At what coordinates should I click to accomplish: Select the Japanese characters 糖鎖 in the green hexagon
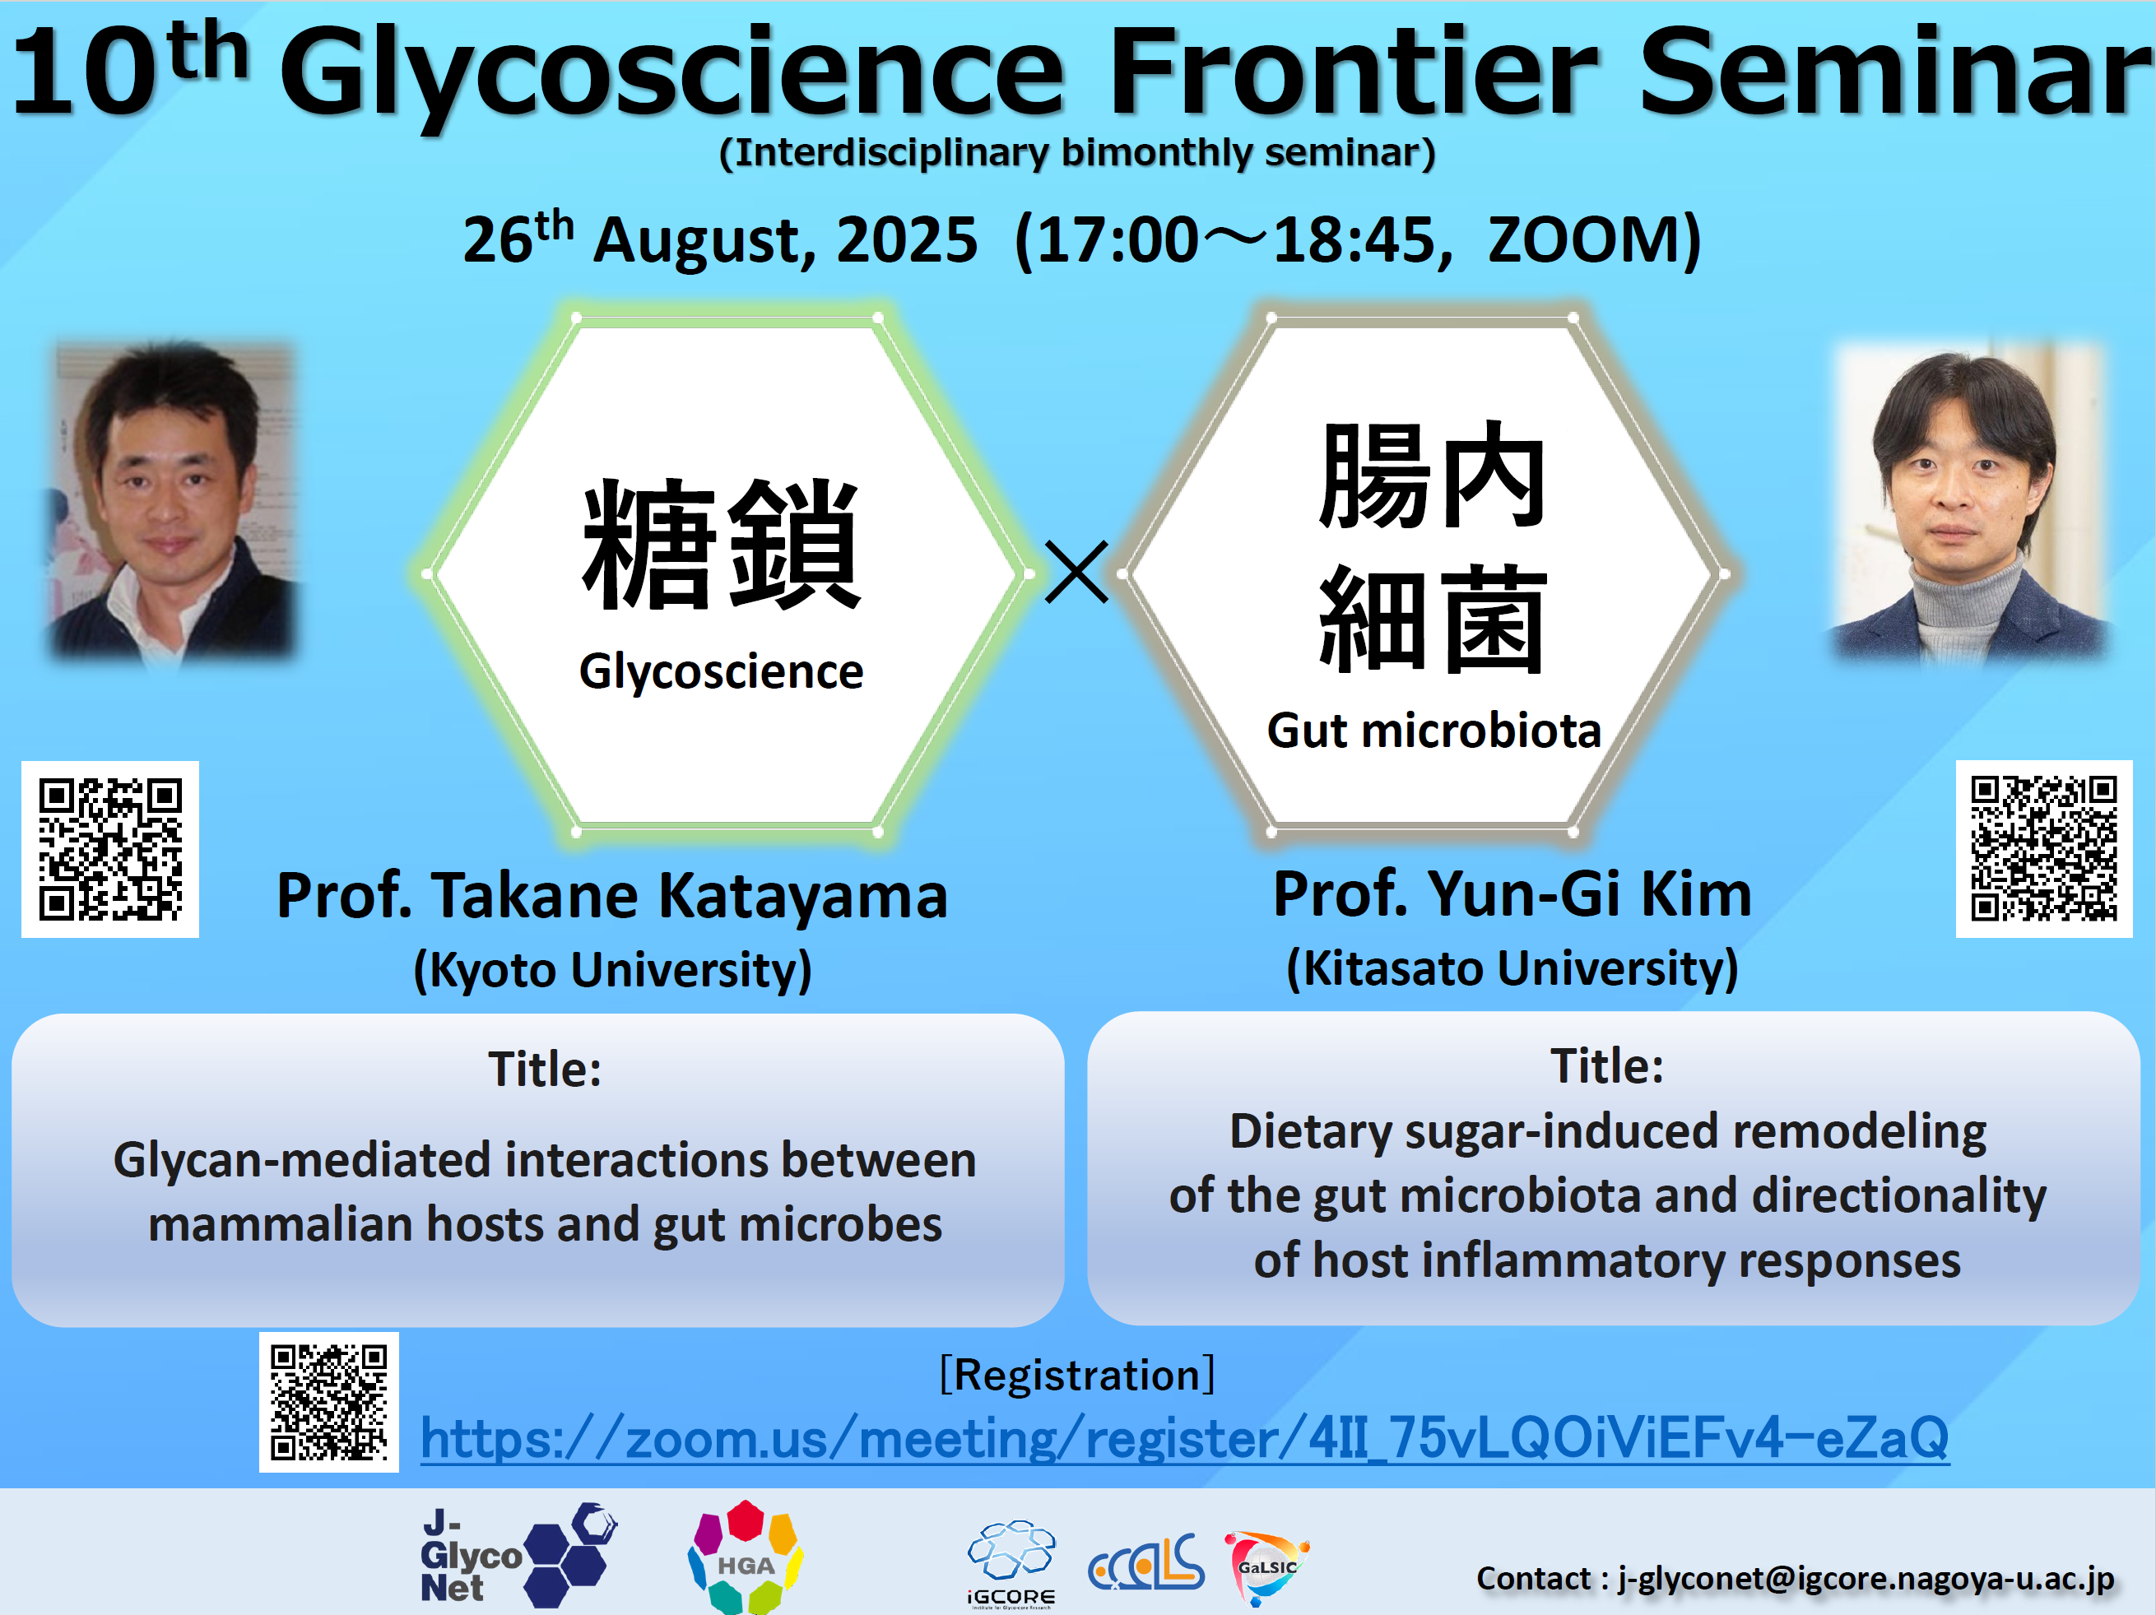pyautogui.click(x=721, y=544)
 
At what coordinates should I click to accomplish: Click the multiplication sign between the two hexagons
pyautogui.click(x=1076, y=572)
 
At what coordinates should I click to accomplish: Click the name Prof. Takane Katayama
pyautogui.click(x=612, y=895)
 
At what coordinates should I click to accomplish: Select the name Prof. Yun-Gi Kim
pyautogui.click(x=1512, y=893)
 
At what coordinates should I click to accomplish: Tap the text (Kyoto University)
pyautogui.click(x=612, y=971)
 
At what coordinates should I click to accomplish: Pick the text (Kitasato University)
pyautogui.click(x=1512, y=969)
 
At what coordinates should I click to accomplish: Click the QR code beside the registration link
pyautogui.click(x=328, y=1402)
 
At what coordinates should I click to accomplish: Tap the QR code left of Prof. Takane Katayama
pyautogui.click(x=110, y=849)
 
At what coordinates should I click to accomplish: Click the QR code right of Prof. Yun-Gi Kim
pyautogui.click(x=2044, y=848)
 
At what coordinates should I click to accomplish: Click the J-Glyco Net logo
pyautogui.click(x=518, y=1556)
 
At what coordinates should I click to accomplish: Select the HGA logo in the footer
pyautogui.click(x=746, y=1557)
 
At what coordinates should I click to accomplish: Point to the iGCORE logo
pyautogui.click(x=1011, y=1563)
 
